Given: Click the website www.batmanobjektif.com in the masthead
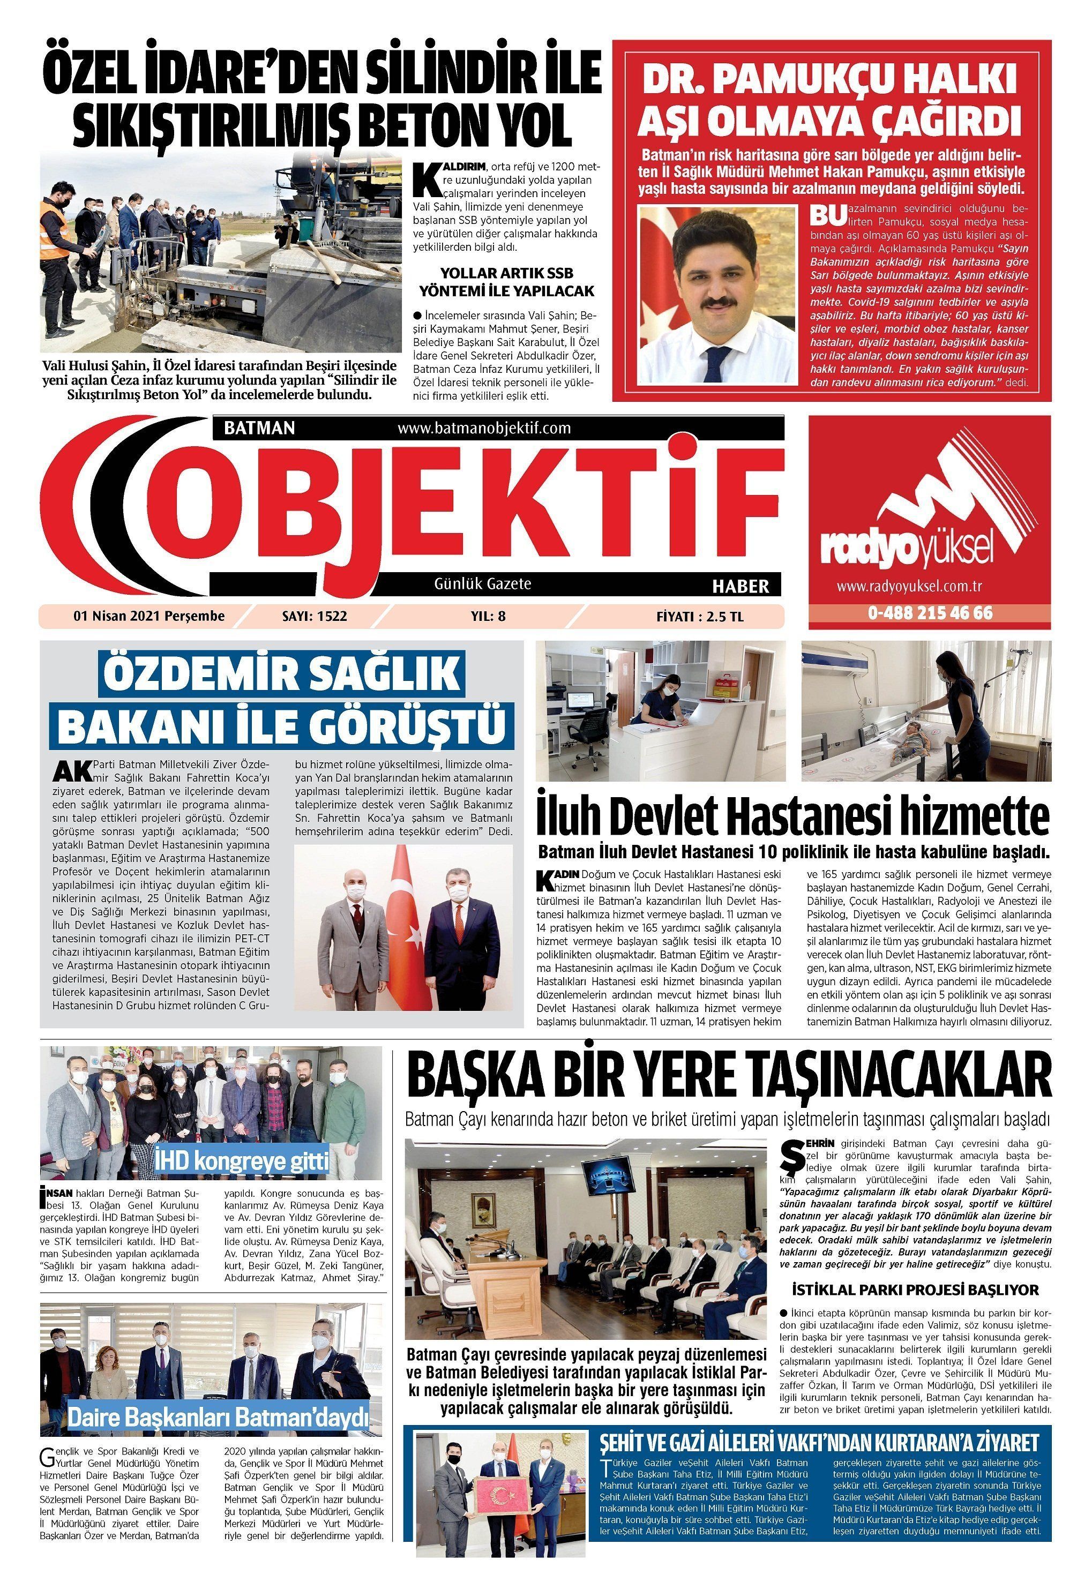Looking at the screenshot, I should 483,428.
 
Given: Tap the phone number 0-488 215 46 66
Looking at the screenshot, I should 930,613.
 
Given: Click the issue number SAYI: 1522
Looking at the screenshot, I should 314,616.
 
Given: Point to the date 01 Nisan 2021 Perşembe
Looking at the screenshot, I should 149,616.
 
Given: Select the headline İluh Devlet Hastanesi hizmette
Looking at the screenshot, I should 793,818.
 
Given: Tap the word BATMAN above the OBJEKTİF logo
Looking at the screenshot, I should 259,428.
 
